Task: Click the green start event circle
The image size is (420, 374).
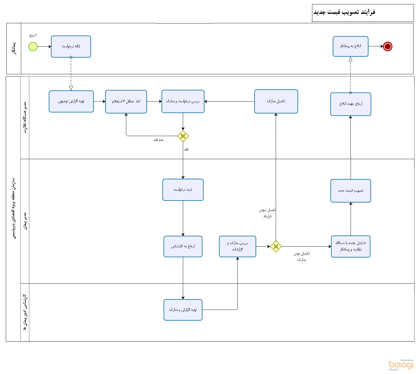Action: [33, 46]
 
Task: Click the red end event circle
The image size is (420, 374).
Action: [387, 46]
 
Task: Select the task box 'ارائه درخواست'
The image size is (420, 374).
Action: [71, 46]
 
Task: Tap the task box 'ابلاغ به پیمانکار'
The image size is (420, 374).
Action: [350, 46]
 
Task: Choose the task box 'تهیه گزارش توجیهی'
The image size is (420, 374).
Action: [71, 101]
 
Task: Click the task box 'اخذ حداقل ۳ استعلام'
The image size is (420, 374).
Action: [126, 102]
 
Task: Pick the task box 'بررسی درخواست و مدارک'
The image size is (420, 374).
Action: [183, 101]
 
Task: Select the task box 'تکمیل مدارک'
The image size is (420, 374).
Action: [276, 101]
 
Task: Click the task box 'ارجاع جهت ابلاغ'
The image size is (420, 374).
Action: [351, 104]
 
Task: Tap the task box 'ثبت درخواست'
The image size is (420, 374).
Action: [183, 190]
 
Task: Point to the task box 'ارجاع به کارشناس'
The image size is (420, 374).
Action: [183, 246]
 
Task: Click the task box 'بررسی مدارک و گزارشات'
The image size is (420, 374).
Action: [237, 246]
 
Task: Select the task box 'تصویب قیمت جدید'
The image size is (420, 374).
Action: [351, 191]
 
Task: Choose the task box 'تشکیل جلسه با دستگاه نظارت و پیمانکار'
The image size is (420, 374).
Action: [351, 246]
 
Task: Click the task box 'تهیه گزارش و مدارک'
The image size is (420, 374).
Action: [183, 310]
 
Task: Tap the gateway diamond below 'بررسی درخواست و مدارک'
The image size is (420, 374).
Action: [183, 136]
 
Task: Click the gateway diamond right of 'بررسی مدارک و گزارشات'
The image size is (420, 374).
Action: [276, 247]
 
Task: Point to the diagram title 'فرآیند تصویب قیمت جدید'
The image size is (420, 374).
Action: [344, 12]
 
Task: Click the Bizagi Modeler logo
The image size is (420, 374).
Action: [401, 365]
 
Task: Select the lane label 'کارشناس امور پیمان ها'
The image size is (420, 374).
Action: [25, 312]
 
